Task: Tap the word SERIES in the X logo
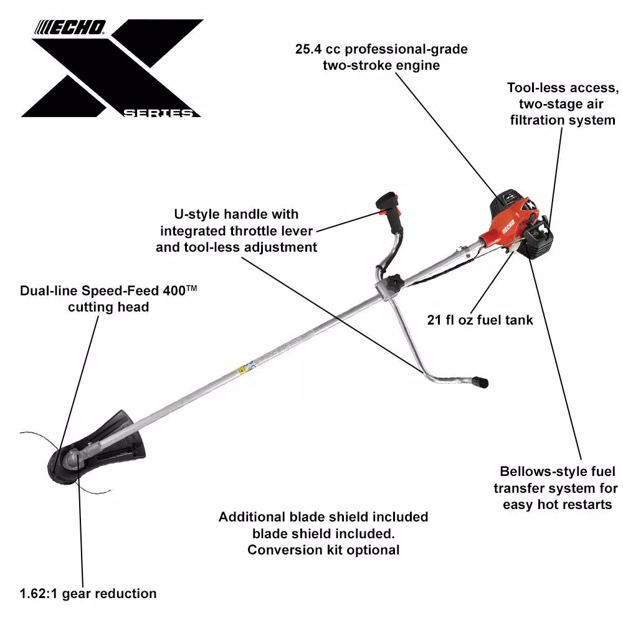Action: [x=158, y=113]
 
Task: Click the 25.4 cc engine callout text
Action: [x=381, y=57]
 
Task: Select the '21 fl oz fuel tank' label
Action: [x=480, y=320]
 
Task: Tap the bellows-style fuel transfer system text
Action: [x=558, y=488]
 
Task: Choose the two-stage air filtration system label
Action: [x=563, y=103]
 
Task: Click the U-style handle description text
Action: [x=236, y=231]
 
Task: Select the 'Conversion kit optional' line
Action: [x=323, y=549]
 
